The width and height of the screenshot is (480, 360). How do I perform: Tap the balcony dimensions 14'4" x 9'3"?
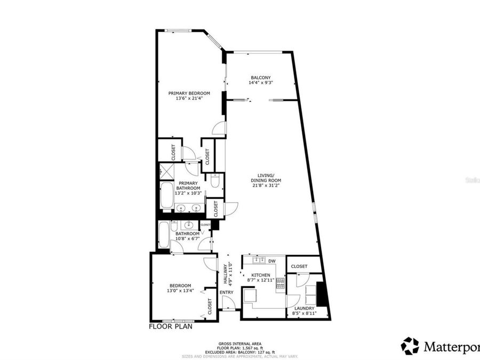point(261,83)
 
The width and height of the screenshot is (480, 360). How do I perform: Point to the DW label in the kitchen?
point(271,261)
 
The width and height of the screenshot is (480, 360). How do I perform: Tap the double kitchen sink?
point(259,260)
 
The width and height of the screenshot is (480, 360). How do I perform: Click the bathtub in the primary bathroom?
point(165,197)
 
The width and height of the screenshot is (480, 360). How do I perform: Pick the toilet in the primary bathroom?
point(215,182)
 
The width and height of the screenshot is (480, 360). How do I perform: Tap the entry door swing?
point(228,303)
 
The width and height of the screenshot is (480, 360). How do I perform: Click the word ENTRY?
point(226,292)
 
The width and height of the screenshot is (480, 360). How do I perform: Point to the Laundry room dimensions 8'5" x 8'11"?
point(304,313)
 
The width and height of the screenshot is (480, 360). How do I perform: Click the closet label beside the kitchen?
point(299,266)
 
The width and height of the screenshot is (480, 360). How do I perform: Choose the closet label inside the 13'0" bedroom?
point(210,306)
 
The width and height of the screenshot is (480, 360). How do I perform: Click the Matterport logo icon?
point(410,346)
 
